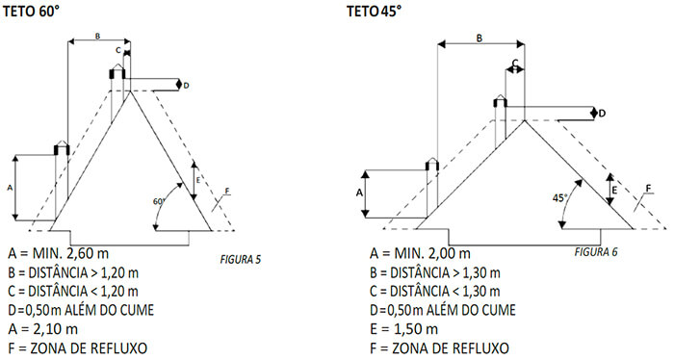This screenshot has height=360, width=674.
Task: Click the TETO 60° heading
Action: (x=31, y=12)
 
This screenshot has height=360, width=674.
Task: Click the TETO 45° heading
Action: (x=374, y=12)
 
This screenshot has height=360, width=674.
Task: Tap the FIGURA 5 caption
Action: (x=241, y=260)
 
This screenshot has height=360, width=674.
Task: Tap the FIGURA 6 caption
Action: (x=596, y=252)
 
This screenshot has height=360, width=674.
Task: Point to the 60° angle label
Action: (x=159, y=201)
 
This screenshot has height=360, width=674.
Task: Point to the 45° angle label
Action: (x=559, y=198)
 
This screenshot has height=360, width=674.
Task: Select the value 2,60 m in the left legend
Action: (x=88, y=253)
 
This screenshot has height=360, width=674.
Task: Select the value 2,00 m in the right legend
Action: (x=450, y=253)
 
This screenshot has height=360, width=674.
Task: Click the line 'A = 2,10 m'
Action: (x=43, y=329)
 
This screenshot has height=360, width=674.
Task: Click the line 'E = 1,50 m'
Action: (x=404, y=329)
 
